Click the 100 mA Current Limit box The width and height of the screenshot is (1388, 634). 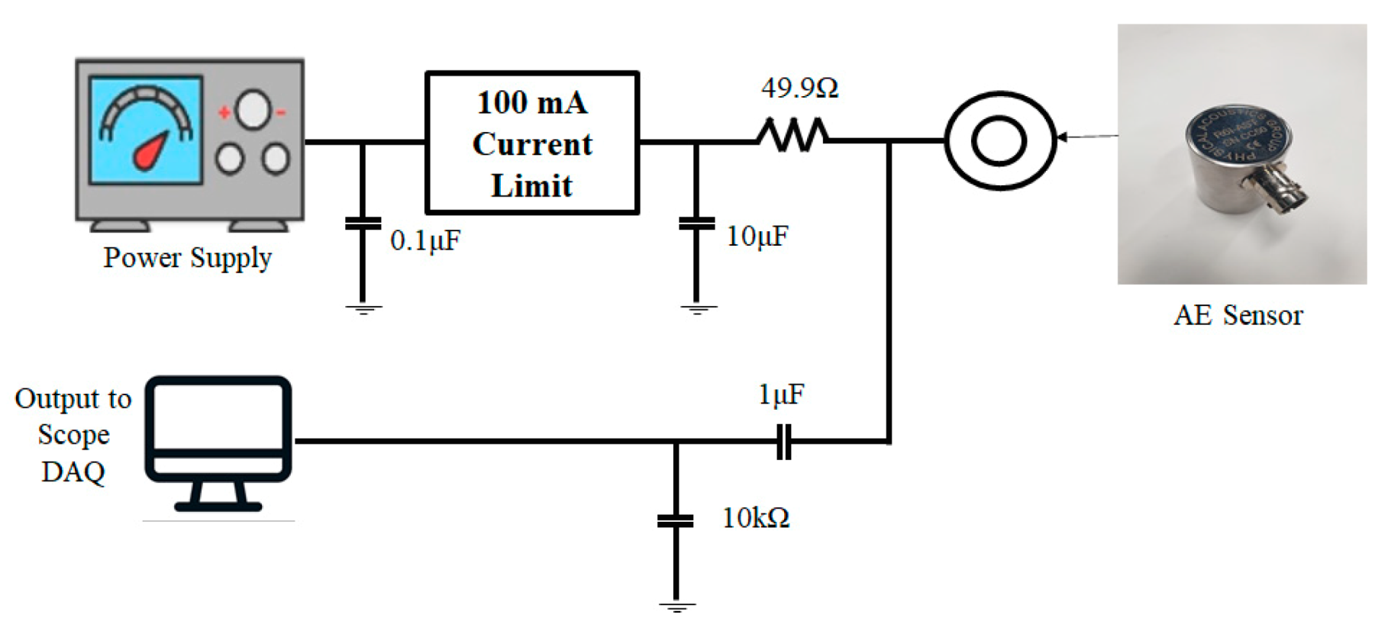pyautogui.click(x=531, y=143)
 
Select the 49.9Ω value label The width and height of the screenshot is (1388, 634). pyautogui.click(x=799, y=89)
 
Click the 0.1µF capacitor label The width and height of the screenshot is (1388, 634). pyautogui.click(x=425, y=241)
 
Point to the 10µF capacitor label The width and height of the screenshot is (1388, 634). pyautogui.click(x=757, y=237)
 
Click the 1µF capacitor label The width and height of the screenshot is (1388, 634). pyautogui.click(x=781, y=394)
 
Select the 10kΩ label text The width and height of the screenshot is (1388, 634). pyautogui.click(x=756, y=519)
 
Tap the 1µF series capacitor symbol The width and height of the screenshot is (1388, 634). pyautogui.click(x=783, y=442)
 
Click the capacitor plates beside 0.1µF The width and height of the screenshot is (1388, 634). pyautogui.click(x=363, y=224)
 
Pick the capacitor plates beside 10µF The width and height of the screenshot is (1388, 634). pyautogui.click(x=696, y=224)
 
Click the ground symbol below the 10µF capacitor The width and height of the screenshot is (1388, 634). pyautogui.click(x=696, y=310)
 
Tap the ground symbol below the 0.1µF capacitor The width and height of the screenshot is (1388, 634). pyautogui.click(x=363, y=310)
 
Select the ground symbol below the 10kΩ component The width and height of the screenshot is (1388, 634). pyautogui.click(x=676, y=608)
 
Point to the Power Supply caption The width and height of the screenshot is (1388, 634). pyautogui.click(x=188, y=258)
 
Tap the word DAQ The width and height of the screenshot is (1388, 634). pyautogui.click(x=73, y=472)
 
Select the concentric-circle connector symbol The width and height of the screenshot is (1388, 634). pyautogui.click(x=999, y=141)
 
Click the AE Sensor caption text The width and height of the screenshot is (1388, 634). pyautogui.click(x=1238, y=315)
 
